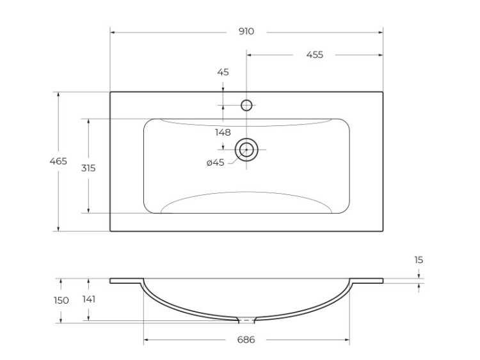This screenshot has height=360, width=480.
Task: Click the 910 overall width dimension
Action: click(246, 31)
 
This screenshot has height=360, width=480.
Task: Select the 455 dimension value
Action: click(314, 55)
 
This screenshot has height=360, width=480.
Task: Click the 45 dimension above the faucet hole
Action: click(223, 72)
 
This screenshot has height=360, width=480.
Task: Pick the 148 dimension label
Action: click(223, 132)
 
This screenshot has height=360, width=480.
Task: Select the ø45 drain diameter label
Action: click(215, 162)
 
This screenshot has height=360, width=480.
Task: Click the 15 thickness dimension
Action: click(419, 260)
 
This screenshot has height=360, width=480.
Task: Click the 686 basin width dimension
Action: click(246, 340)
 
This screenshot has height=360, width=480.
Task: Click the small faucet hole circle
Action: click(246, 105)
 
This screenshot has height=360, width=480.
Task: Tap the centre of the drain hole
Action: click(246, 150)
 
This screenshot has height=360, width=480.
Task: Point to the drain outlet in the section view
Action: click(246, 319)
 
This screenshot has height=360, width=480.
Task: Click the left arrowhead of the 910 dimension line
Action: click(113, 31)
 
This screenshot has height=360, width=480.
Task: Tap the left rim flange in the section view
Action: click(125, 281)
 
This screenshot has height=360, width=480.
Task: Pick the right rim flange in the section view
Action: click(368, 281)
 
